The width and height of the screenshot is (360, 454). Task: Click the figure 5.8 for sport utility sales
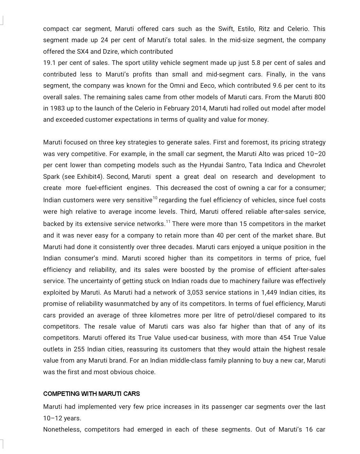pos(256,63)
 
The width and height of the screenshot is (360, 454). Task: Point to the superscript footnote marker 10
pos(155,198)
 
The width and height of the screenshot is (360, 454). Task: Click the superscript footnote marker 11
pos(168,222)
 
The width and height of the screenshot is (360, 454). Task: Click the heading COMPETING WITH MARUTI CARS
pos(91,394)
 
